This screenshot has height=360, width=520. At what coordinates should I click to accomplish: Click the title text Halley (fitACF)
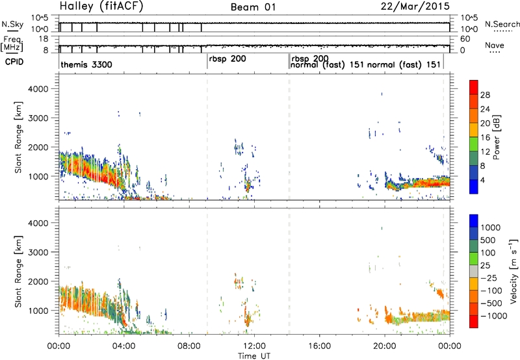pos(101,6)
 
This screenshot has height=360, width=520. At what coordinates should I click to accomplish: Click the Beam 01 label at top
pos(253,7)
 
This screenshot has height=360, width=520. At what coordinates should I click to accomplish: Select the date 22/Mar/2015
pos(415,6)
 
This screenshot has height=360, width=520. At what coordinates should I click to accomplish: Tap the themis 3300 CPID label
pos(86,64)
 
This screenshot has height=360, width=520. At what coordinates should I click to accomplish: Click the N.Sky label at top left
pos(12,24)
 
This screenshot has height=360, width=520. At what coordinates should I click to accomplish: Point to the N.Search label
pos(502,24)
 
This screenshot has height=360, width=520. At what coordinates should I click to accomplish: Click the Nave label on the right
pos(495,45)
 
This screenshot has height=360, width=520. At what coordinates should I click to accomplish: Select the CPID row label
pos(14,62)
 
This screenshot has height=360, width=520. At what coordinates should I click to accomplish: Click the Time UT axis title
pos(254,355)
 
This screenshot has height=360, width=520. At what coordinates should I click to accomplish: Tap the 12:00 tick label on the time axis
pos(254,346)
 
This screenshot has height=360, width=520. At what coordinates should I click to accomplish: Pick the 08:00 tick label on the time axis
pos(189,346)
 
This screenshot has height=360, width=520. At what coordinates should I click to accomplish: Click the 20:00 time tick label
pos(385,346)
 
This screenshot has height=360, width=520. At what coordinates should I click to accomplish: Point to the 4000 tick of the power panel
pos(38,89)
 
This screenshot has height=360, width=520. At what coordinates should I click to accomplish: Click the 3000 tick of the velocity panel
pos(38,252)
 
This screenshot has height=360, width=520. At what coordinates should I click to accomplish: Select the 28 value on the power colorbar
pos(485,95)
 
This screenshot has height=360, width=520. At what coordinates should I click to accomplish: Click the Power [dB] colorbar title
pos(497,137)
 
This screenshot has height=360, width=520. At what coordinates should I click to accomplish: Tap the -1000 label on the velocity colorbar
pos(494,316)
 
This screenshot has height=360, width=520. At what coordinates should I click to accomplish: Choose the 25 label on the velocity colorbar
pos(486,266)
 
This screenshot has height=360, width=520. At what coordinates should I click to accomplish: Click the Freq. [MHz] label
pos(12,44)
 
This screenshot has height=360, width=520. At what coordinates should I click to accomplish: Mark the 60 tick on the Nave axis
pos(465,39)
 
